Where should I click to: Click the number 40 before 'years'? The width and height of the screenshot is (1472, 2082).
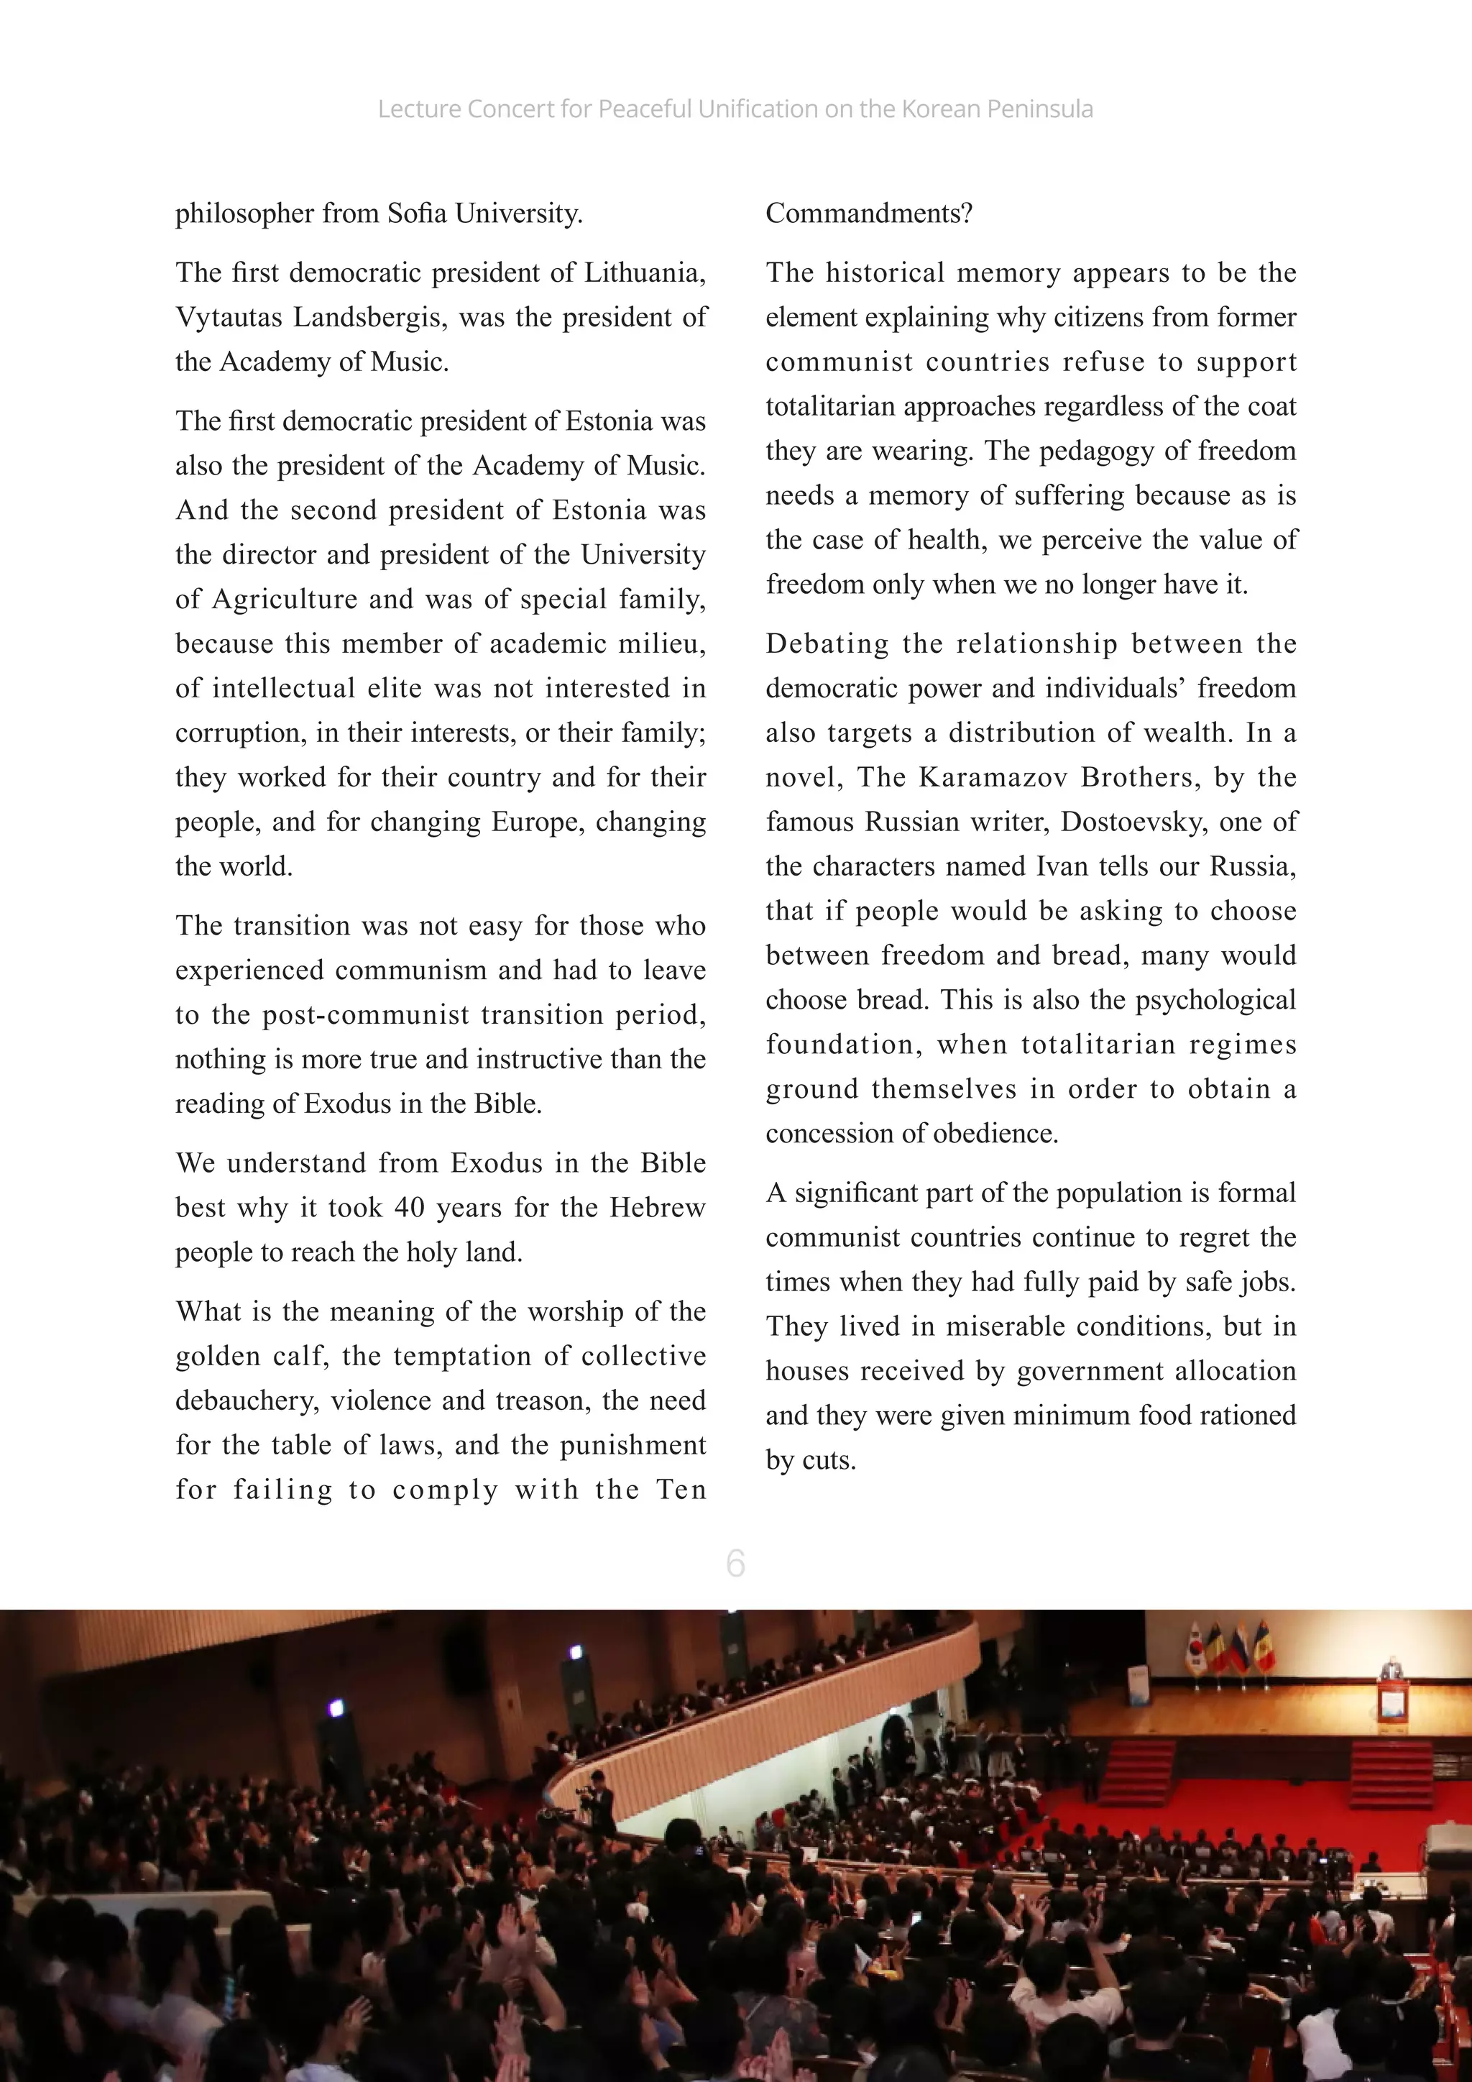409,1208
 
